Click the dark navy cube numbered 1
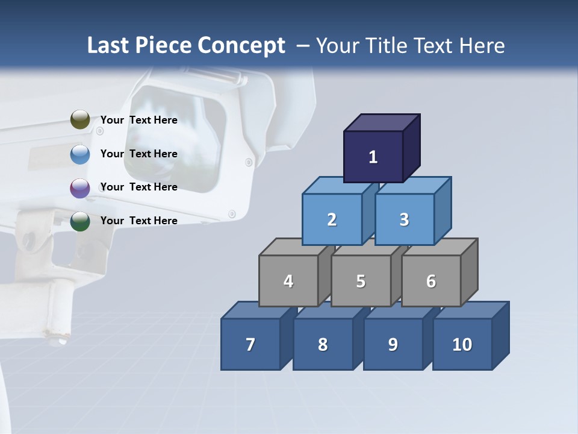click(373, 157)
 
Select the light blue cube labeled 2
click(332, 219)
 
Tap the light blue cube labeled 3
click(404, 219)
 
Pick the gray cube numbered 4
click(288, 281)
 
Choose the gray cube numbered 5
click(361, 281)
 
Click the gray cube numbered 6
click(431, 281)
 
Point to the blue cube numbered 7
click(250, 344)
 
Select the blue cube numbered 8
click(323, 344)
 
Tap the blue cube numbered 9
click(393, 344)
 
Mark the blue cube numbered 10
click(462, 344)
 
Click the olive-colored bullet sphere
click(80, 120)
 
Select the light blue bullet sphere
click(80, 154)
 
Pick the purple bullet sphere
click(80, 188)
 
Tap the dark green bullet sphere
click(80, 221)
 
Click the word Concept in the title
click(241, 46)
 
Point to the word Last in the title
click(109, 46)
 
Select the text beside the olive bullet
click(139, 120)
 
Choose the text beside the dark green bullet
click(139, 221)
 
